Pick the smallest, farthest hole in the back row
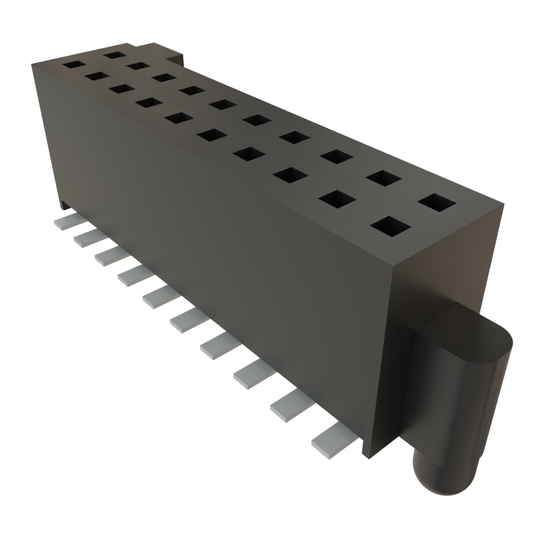pyautogui.click(x=114, y=54)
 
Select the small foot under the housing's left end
pyautogui.click(x=64, y=204)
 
